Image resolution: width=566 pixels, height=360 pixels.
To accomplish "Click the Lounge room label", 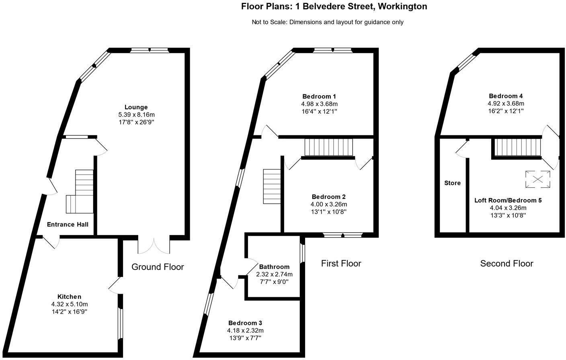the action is point(136,107).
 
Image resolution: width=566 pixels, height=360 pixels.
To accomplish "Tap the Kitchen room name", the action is point(69,297).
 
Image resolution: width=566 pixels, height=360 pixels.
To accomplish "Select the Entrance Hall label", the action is point(68,225).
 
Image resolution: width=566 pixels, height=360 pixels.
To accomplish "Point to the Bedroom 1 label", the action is point(319,96).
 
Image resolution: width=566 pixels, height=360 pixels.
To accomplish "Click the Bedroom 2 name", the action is point(329,197).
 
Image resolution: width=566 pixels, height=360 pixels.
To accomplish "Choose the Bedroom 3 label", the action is point(245,323).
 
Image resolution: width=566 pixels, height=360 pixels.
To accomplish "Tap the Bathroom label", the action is point(274,267).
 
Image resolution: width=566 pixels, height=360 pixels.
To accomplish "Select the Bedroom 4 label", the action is point(506,96).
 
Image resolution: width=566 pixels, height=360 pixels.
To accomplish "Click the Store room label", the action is point(452,183).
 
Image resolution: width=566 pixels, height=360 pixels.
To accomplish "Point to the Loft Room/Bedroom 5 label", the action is point(508,200).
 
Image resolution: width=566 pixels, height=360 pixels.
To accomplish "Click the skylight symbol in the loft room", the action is point(537,179).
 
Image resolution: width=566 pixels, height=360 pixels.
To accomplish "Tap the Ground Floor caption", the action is point(158,267).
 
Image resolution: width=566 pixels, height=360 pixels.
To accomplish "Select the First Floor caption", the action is point(341,264).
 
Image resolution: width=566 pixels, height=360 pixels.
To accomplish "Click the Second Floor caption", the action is point(507,264).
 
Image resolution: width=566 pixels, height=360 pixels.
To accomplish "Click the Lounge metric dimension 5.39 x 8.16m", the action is point(136,115).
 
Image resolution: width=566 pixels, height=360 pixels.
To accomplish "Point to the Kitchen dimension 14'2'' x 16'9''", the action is point(69,311).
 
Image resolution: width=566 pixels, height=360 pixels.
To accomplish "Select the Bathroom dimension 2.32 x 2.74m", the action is point(274,274).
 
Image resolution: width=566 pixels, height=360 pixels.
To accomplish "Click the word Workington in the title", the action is point(403,6).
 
